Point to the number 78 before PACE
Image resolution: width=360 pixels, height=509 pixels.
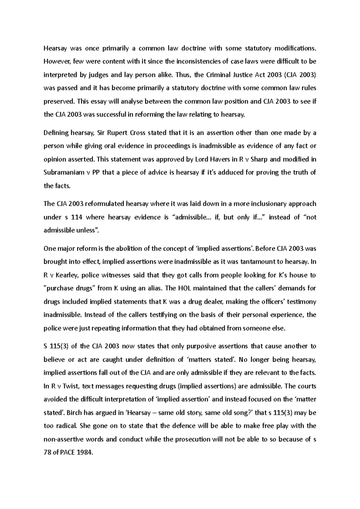(x=47, y=453)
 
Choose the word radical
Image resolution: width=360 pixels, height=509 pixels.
(x=68, y=426)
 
